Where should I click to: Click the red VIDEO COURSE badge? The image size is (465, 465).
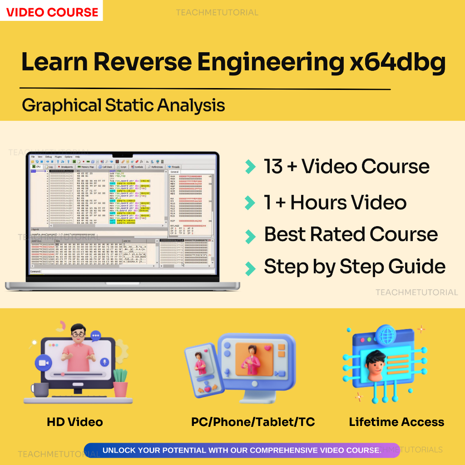52,11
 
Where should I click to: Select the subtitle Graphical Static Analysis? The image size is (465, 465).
123,105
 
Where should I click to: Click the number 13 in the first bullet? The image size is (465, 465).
273,167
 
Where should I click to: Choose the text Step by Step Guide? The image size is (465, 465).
354,267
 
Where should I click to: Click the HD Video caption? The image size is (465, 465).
75,422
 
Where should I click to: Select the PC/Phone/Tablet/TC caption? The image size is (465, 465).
253,422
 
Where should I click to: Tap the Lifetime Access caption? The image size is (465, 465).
396,422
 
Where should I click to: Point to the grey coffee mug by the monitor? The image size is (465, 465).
40,390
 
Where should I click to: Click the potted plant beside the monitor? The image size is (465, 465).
120,382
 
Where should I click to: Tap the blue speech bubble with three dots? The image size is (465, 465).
96,336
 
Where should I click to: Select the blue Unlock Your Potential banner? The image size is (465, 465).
242,450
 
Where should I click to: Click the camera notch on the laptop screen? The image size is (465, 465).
123,161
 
